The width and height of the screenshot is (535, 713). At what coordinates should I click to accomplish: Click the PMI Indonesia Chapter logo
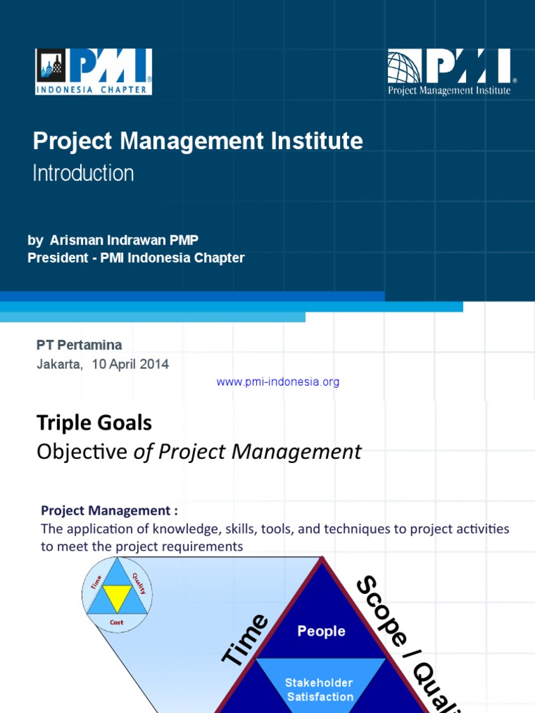[94, 71]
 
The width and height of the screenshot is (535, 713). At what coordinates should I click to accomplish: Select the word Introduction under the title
[84, 173]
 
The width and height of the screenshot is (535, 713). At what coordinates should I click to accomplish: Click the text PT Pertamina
[79, 345]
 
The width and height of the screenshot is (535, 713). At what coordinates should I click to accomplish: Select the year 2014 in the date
[154, 364]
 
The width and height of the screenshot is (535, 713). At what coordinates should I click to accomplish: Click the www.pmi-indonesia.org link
[278, 382]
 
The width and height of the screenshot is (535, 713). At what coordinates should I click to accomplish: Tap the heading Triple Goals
[94, 423]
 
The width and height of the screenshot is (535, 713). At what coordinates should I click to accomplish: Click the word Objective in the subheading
[82, 453]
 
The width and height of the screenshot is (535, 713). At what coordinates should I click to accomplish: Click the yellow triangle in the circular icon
[117, 593]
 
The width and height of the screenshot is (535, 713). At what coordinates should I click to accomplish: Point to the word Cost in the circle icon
[117, 622]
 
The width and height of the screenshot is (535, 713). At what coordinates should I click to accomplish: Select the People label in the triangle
[321, 632]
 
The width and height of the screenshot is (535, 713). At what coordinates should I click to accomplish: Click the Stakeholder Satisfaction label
[320, 689]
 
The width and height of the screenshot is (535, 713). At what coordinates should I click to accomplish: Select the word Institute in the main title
[319, 141]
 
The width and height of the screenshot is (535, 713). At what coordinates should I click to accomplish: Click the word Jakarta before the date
[59, 364]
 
